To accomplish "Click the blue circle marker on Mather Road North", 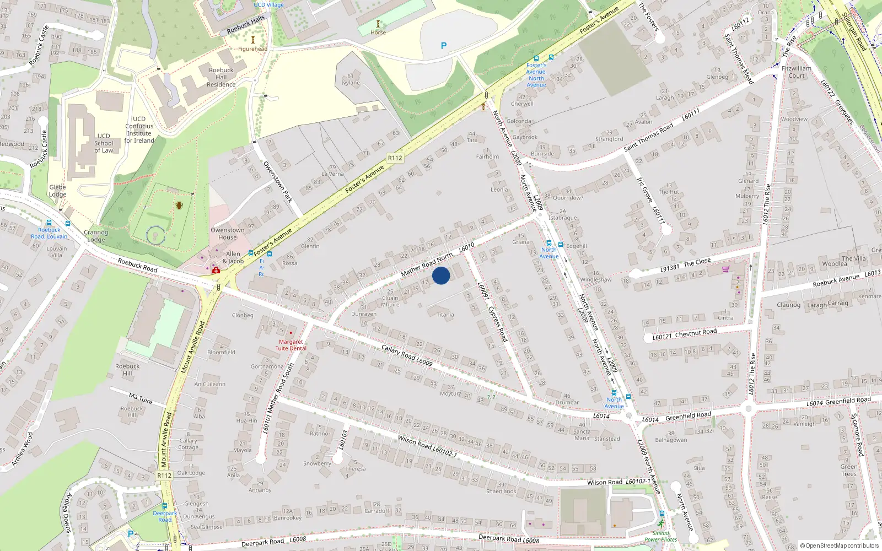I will point(441,275).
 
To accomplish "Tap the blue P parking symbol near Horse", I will point(444,46).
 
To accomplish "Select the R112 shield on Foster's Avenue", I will point(395,158).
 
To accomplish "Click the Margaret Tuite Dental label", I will point(291,345).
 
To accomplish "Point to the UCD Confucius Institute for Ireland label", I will point(139,129).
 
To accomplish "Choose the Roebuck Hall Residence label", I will point(221,77).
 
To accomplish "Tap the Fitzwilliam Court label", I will point(797,72).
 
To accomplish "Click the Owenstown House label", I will point(227,234).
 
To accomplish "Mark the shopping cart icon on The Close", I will point(725,269).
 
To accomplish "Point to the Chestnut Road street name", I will point(696,333).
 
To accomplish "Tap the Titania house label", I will point(445,315).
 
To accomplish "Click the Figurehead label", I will point(252,49).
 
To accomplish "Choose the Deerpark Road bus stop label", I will point(165,516).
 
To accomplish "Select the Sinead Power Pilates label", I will point(661,536).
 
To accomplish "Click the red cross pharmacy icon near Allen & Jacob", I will point(216,271).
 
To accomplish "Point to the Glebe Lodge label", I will point(57,191).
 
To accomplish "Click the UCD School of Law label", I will point(104,143).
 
